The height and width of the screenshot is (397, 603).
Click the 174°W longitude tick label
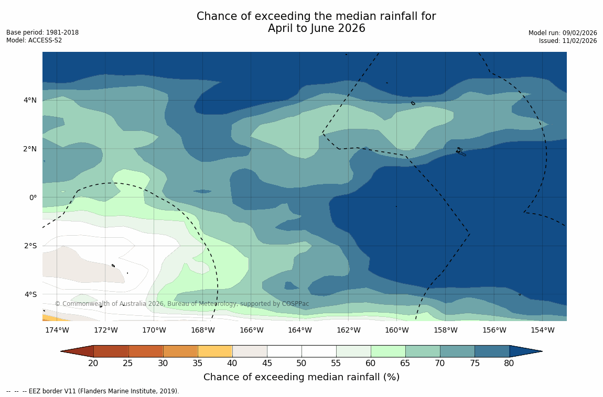57,330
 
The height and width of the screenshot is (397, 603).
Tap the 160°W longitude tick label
397,330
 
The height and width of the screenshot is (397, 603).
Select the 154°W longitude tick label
543,330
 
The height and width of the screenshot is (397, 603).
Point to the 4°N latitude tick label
30,100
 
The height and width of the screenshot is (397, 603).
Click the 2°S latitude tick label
30,246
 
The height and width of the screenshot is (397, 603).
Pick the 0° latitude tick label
33,197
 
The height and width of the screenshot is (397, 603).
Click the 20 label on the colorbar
93,363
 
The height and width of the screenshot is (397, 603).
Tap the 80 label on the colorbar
509,363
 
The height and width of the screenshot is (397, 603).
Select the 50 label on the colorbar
301,363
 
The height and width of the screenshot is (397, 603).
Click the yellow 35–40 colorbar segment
215,351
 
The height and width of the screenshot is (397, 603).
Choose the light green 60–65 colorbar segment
388,351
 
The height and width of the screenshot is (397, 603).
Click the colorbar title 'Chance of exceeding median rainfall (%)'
301,377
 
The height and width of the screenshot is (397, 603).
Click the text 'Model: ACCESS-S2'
34,40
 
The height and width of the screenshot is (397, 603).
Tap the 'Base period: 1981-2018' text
42,32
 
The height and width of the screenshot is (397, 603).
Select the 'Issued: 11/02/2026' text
568,41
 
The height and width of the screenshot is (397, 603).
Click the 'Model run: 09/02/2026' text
563,33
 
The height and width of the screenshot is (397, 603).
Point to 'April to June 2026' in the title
316,28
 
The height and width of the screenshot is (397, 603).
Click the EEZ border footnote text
93,391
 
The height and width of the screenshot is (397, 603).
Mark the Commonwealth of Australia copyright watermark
182,304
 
